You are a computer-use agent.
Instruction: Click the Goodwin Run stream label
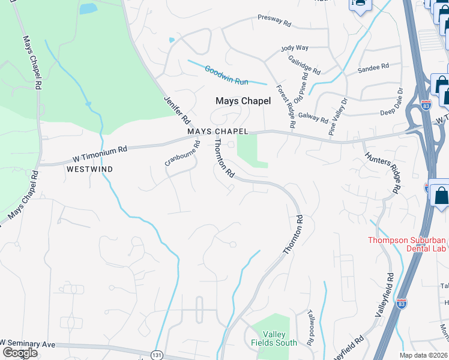227,74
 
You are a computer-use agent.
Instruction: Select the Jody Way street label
295,47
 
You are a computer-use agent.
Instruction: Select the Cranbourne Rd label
183,154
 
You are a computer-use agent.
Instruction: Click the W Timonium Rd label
101,154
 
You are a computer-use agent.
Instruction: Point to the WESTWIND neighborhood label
89,170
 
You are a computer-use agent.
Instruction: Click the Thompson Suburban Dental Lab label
408,245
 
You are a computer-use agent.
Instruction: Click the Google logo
19,353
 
